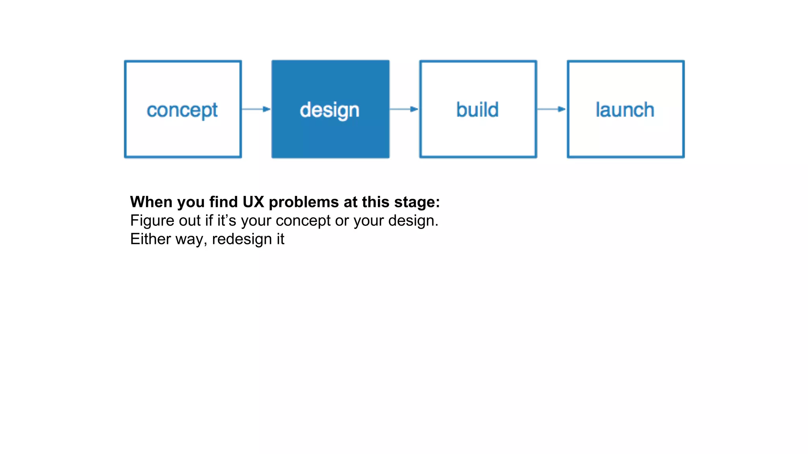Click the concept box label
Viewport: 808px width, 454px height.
click(182, 110)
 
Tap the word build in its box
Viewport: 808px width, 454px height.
click(477, 110)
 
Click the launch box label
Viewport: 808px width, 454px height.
click(625, 110)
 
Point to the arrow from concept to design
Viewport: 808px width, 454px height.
click(256, 109)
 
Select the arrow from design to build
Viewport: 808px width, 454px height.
click(404, 109)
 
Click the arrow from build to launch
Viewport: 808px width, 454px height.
click(552, 109)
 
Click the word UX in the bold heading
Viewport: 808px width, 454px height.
click(253, 202)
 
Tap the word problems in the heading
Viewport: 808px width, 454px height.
click(304, 202)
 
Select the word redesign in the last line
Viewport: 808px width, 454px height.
click(242, 239)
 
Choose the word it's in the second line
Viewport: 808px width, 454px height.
click(226, 220)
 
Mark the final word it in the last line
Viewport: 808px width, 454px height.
click(280, 239)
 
